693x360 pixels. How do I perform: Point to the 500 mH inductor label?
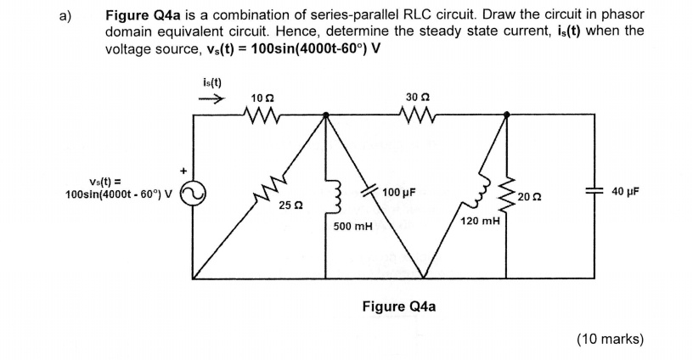click(x=352, y=227)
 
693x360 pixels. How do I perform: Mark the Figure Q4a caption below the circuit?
click(x=398, y=306)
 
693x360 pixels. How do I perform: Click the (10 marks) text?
click(x=609, y=339)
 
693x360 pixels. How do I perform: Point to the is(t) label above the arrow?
click(x=211, y=82)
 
